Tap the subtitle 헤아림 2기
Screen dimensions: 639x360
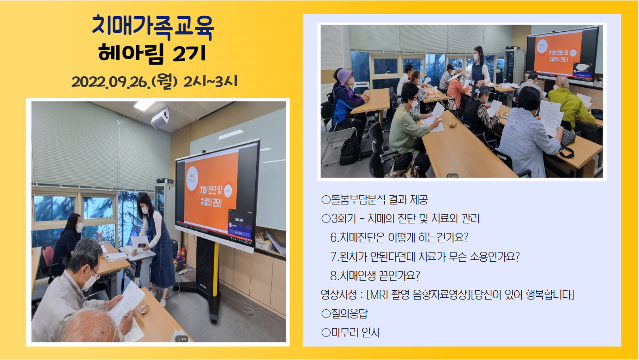pyautogui.click(x=152, y=53)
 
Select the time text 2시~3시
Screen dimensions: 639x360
pyautogui.click(x=210, y=82)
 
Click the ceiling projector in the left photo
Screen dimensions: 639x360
pyautogui.click(x=160, y=118)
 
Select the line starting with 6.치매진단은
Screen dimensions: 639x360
pyautogui.click(x=399, y=237)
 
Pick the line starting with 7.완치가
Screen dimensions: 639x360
pyautogui.click(x=425, y=257)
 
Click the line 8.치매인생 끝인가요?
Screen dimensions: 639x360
pyautogui.click(x=375, y=276)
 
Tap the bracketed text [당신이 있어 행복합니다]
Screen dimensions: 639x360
pyautogui.click(x=522, y=294)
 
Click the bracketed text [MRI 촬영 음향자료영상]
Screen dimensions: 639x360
pyautogui.click(x=418, y=294)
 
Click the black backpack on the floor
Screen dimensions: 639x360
pyautogui.click(x=349, y=151)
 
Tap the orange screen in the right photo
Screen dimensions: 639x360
pyautogui.click(x=557, y=54)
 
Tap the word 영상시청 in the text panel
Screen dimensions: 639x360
pyautogui.click(x=338, y=294)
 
